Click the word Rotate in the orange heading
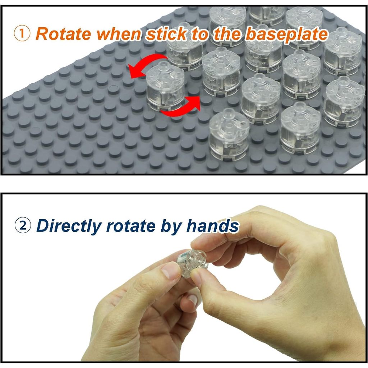63,34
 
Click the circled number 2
22,226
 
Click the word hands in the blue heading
213,226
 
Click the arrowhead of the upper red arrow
134,72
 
